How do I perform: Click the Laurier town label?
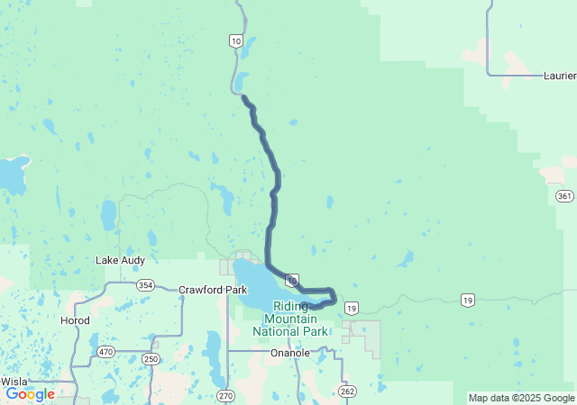pos(560,76)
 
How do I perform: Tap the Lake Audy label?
pos(120,260)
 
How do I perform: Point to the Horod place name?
pos(74,320)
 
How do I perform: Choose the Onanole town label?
pos(290,354)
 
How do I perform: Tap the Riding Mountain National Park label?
pos(290,319)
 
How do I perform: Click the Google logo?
pos(30,394)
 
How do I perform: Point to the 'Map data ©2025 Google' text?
pos(521,398)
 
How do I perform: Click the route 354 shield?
pos(145,285)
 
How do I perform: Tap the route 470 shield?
pos(105,352)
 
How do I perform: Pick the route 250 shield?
pos(151,359)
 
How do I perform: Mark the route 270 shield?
pos(225,395)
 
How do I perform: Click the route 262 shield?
pos(347,391)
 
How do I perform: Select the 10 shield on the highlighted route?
pos(292,280)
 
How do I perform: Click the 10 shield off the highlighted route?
pos(235,40)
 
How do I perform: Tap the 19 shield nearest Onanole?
pos(352,308)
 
